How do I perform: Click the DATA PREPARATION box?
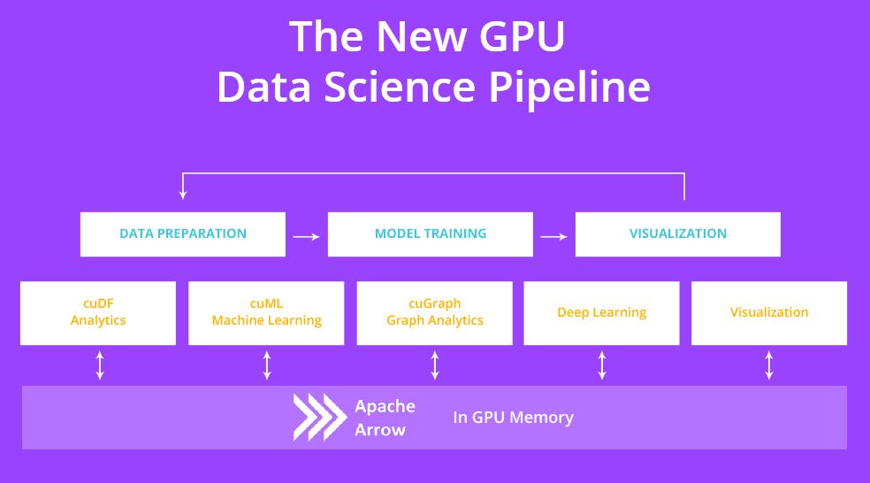point(183,234)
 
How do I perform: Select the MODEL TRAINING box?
point(431,234)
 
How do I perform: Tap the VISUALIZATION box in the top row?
point(678,234)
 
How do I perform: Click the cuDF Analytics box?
point(98,312)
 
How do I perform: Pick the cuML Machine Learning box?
point(266,312)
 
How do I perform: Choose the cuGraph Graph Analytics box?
point(434,312)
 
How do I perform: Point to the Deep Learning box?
point(601,312)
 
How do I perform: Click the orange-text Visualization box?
point(769,312)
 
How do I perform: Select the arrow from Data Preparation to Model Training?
point(306,236)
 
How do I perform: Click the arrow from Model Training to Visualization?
point(553,236)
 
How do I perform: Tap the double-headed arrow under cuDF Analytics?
point(100,365)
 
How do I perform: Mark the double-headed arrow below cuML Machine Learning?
point(267,365)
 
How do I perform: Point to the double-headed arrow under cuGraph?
point(435,365)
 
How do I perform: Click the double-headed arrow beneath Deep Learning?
point(602,365)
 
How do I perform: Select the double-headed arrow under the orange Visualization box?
point(769,365)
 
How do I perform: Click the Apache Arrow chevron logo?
point(319,418)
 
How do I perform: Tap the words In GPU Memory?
point(513,418)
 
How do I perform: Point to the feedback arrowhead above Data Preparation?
point(183,193)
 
